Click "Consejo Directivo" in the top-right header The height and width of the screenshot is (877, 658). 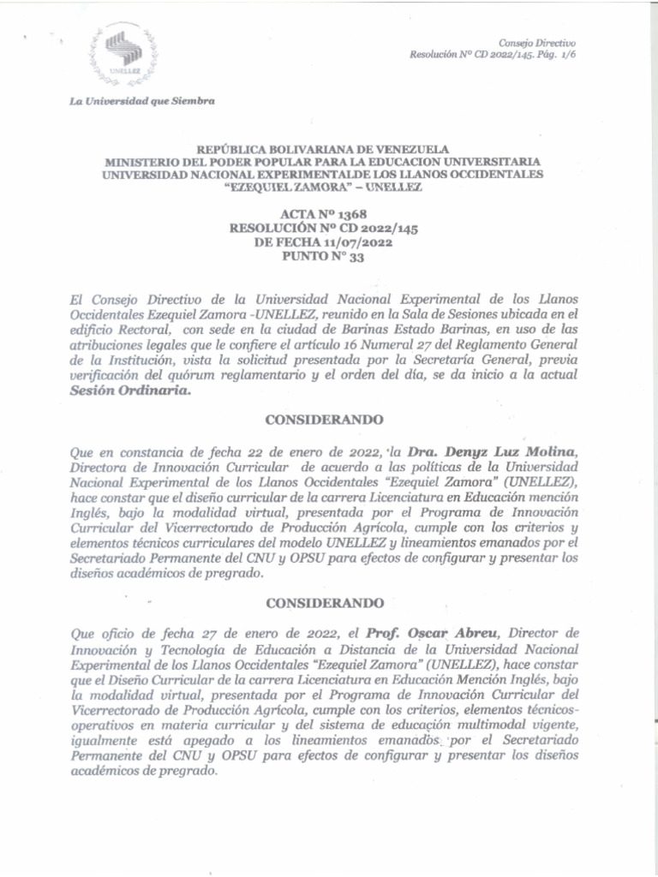(537, 43)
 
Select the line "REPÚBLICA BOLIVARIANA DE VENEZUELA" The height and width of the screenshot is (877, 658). (323, 148)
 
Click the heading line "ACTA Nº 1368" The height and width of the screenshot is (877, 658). (323, 214)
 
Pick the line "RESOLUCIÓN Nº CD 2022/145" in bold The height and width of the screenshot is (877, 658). (323, 228)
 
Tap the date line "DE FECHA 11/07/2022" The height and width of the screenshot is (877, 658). (323, 242)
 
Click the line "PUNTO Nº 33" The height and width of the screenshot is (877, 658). (323, 255)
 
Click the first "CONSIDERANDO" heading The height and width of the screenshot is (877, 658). (324, 420)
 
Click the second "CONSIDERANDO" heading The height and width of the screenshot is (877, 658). (324, 603)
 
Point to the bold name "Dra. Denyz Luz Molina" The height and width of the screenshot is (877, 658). (487, 452)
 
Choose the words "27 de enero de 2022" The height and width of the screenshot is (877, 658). (286, 634)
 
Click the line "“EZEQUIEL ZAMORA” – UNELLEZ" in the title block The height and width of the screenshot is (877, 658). (323, 187)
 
